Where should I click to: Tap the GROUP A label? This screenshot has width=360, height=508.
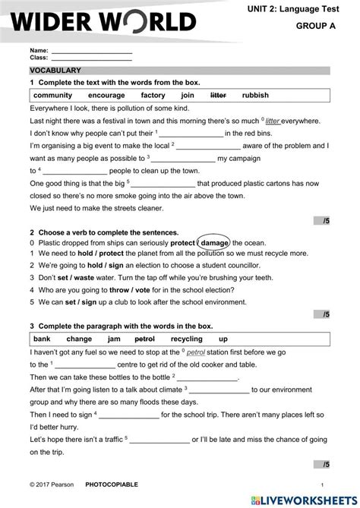coord(314,26)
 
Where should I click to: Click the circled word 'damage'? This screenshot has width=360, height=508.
coord(215,242)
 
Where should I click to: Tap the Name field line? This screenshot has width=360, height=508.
coord(90,51)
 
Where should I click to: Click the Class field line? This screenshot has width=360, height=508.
coord(90,58)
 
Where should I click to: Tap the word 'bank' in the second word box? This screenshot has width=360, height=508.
coord(42,339)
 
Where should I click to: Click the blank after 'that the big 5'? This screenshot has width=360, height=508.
coord(163,184)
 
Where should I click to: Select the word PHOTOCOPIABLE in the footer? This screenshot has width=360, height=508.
coord(112,484)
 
